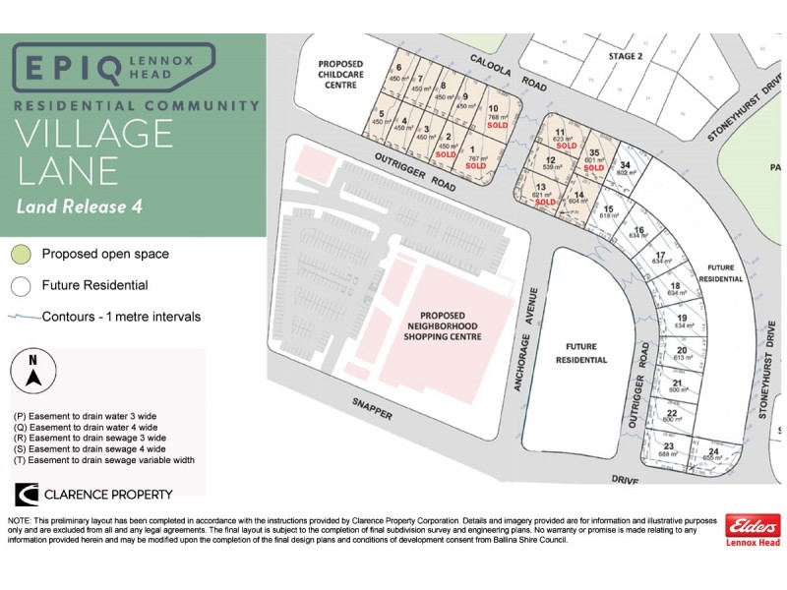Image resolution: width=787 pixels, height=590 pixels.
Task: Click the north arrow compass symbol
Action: point(33,372)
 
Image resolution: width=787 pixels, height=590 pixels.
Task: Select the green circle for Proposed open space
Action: point(21,254)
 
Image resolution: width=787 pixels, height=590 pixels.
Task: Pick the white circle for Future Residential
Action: point(21,286)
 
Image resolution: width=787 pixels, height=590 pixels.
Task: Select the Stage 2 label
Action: point(625,56)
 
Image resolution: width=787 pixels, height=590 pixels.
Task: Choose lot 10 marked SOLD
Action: point(496,115)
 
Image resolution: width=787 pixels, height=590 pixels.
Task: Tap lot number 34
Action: point(624,165)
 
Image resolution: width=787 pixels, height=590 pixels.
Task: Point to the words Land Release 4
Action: point(85,206)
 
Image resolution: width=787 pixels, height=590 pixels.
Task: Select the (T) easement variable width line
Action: point(104,459)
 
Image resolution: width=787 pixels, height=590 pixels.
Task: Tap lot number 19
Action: point(681,319)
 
